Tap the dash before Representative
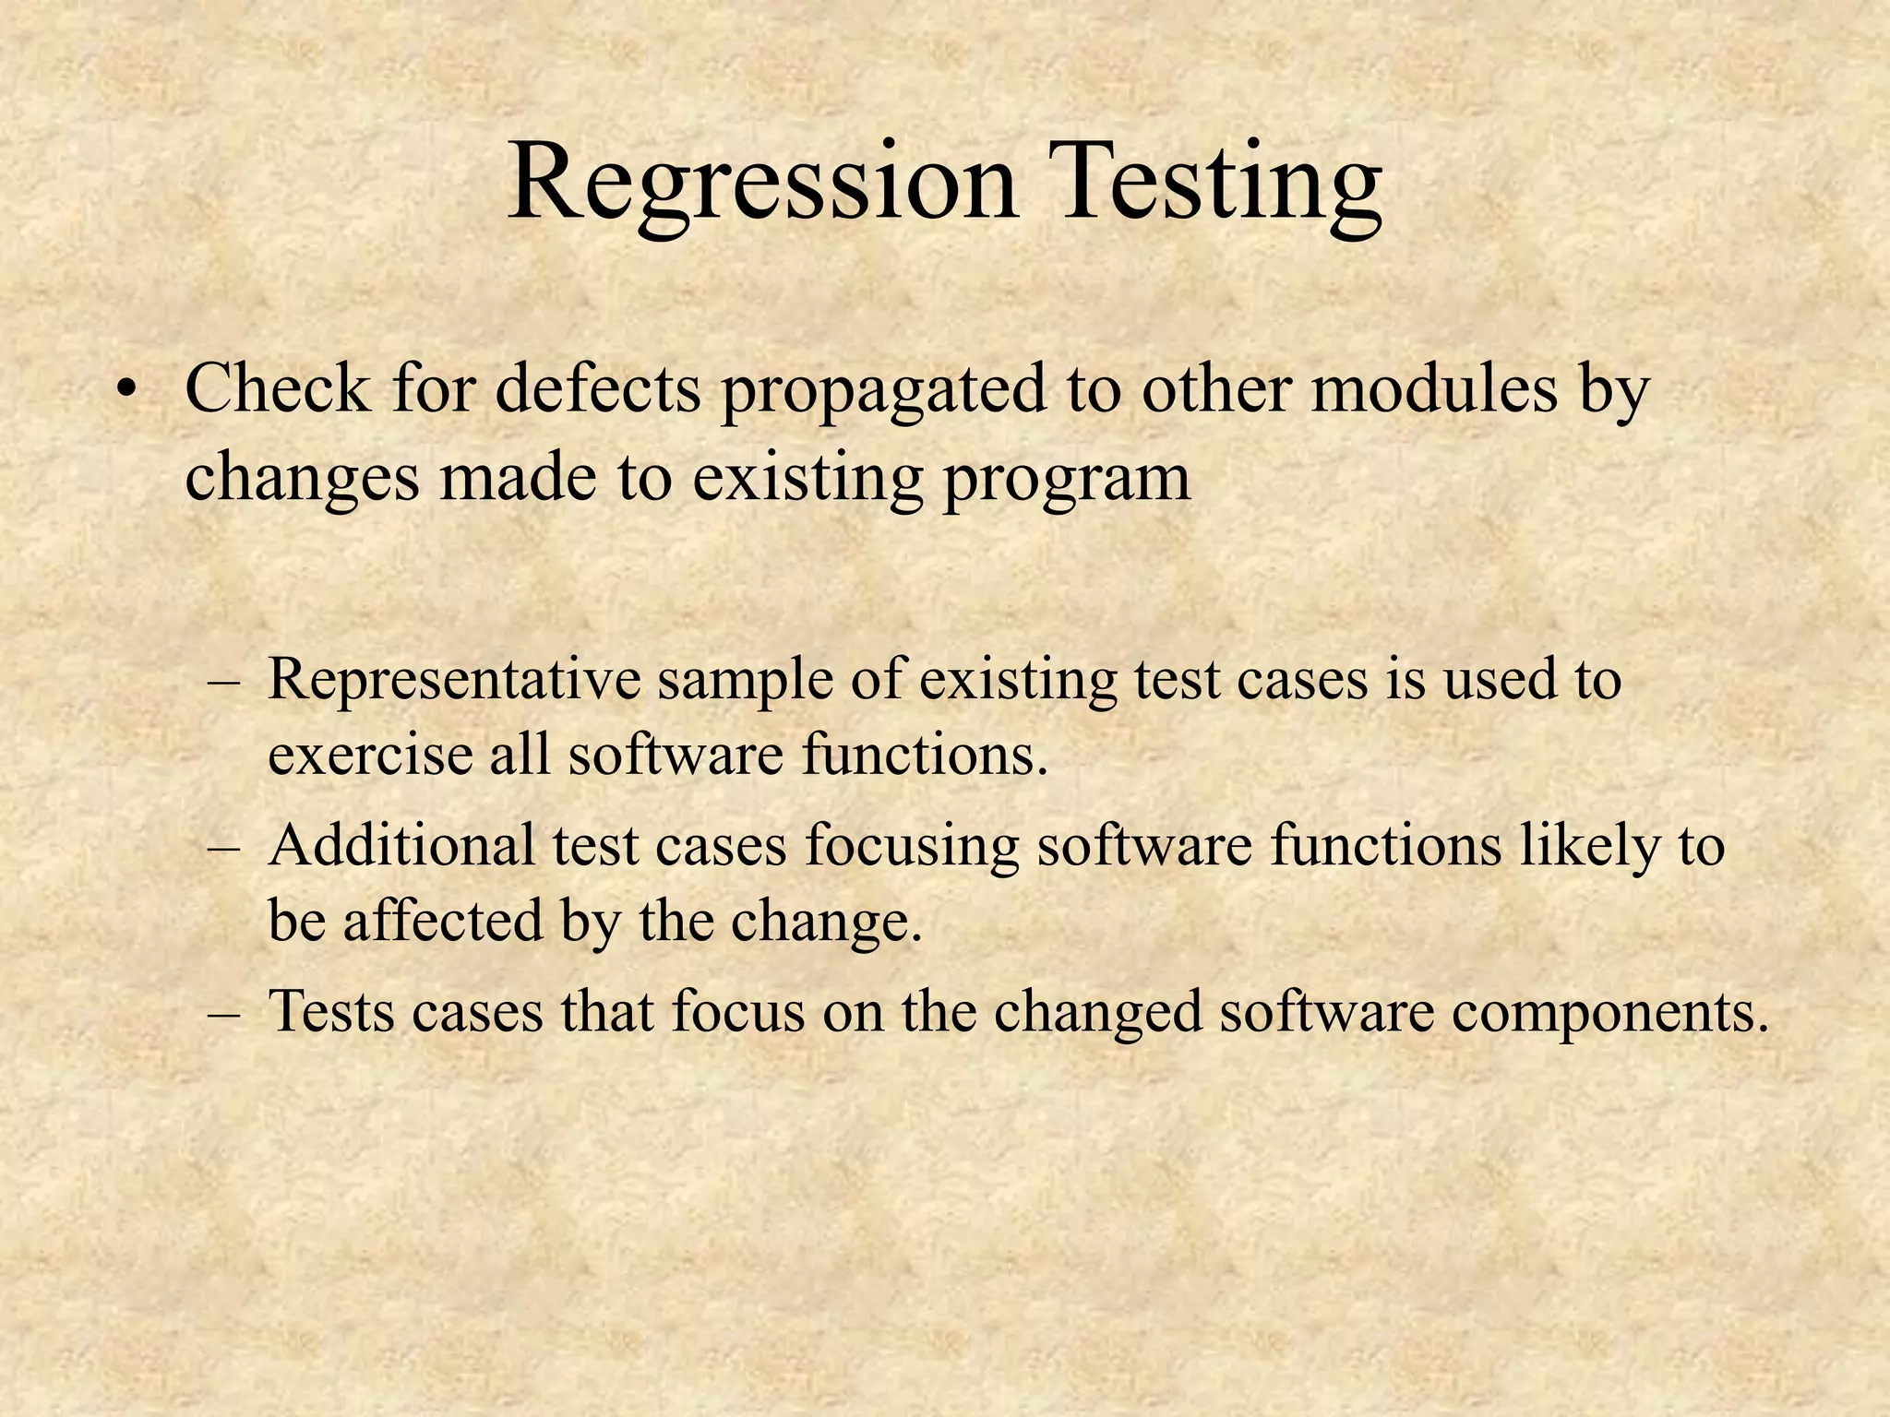coord(224,684)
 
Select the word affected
coord(442,921)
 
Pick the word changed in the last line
coord(1097,1013)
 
